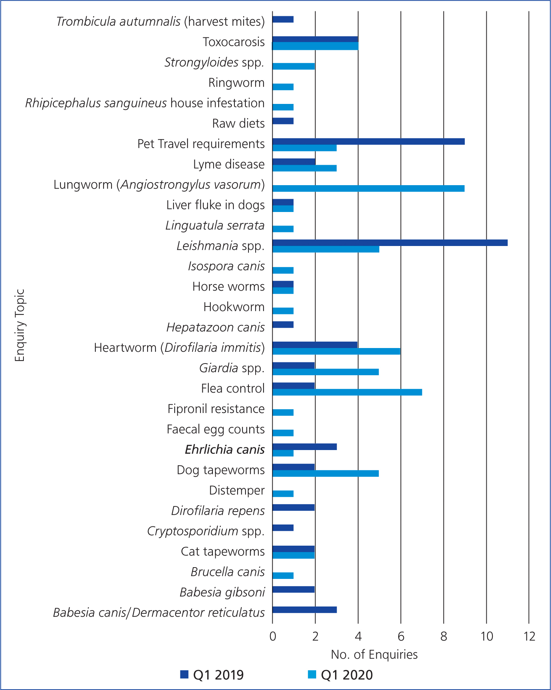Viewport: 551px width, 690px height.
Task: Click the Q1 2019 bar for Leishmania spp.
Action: (390, 243)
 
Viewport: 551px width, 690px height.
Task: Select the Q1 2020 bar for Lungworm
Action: (368, 188)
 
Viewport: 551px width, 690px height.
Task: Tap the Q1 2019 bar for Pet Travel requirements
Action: (368, 141)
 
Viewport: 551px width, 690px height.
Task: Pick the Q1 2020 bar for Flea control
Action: (347, 392)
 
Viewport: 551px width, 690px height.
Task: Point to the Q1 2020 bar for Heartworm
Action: (336, 351)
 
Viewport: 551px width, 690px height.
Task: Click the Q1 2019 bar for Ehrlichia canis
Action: (304, 447)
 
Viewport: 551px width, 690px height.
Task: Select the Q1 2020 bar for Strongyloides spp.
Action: (293, 66)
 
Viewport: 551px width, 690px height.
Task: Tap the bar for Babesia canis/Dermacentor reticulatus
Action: (304, 610)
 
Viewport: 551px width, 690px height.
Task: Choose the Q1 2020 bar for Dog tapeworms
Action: (326, 473)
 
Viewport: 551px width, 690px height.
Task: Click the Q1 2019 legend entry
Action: (212, 675)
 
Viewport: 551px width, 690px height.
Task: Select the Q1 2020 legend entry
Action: (341, 675)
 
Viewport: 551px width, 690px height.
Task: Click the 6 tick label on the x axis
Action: (401, 637)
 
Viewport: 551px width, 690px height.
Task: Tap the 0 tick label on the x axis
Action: (273, 637)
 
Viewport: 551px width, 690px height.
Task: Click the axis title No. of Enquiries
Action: (374, 655)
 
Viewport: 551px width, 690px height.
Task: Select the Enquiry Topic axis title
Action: (20, 325)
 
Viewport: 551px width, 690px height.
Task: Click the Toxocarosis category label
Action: (234, 42)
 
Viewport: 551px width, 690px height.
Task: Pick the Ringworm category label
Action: (236, 83)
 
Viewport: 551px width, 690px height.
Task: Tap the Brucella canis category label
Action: (228, 572)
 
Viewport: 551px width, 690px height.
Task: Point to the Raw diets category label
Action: (238, 124)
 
